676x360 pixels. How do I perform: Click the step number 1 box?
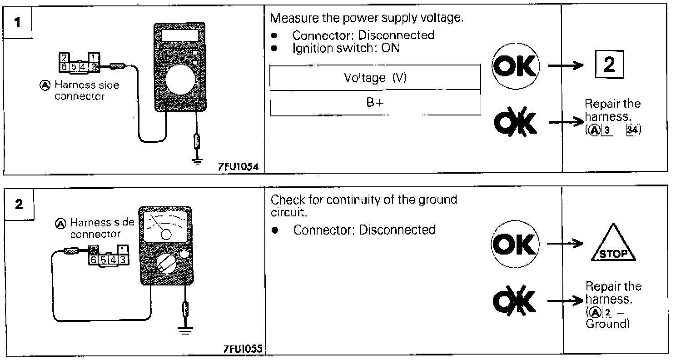(18, 23)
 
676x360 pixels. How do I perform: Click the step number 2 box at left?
(19, 205)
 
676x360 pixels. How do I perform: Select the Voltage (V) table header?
(375, 78)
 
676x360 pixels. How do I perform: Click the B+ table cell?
(375, 103)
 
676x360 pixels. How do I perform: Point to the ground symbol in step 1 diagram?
(197, 161)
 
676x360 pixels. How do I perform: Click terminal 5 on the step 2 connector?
(103, 260)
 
